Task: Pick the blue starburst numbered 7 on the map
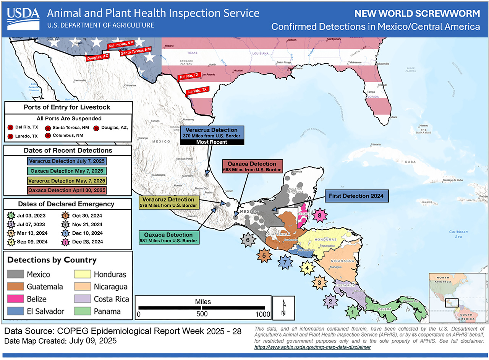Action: point(284,262)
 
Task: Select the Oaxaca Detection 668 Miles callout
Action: point(252,166)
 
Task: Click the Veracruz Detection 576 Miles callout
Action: point(168,202)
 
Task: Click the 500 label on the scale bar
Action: point(202,314)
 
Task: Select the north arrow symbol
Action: point(283,308)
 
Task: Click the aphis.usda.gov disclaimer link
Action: point(312,347)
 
